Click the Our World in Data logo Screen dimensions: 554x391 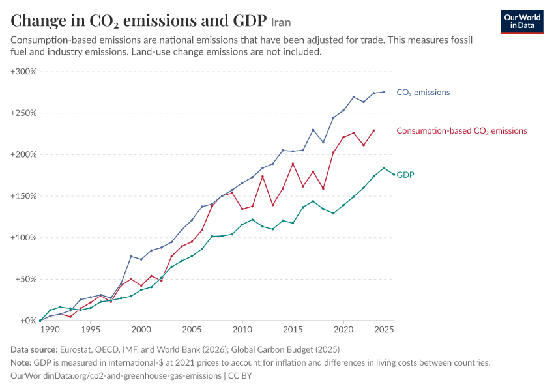click(x=522, y=22)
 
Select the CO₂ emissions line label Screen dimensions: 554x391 click(x=423, y=93)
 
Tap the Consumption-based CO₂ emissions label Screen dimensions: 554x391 click(x=461, y=131)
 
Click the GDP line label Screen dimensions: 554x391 click(x=405, y=175)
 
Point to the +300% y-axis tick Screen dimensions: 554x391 click(x=23, y=72)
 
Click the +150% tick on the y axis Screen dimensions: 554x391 click(x=23, y=196)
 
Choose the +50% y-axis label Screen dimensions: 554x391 click(x=26, y=280)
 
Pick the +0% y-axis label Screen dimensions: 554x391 click(x=28, y=321)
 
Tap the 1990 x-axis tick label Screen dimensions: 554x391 click(x=50, y=330)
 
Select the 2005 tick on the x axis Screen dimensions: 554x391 click(x=192, y=330)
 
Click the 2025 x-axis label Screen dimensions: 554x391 click(x=384, y=330)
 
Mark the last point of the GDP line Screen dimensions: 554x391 click(x=394, y=175)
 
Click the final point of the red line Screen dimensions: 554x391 click(x=374, y=131)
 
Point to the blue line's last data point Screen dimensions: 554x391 click(x=384, y=92)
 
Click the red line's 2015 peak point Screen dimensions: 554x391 click(x=293, y=164)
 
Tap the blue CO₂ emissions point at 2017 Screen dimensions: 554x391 click(x=313, y=130)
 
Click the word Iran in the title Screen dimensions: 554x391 click(x=281, y=23)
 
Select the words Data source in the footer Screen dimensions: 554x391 click(x=34, y=350)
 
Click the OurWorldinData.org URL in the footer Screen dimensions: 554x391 click(x=116, y=376)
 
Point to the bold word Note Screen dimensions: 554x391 click(x=21, y=363)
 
